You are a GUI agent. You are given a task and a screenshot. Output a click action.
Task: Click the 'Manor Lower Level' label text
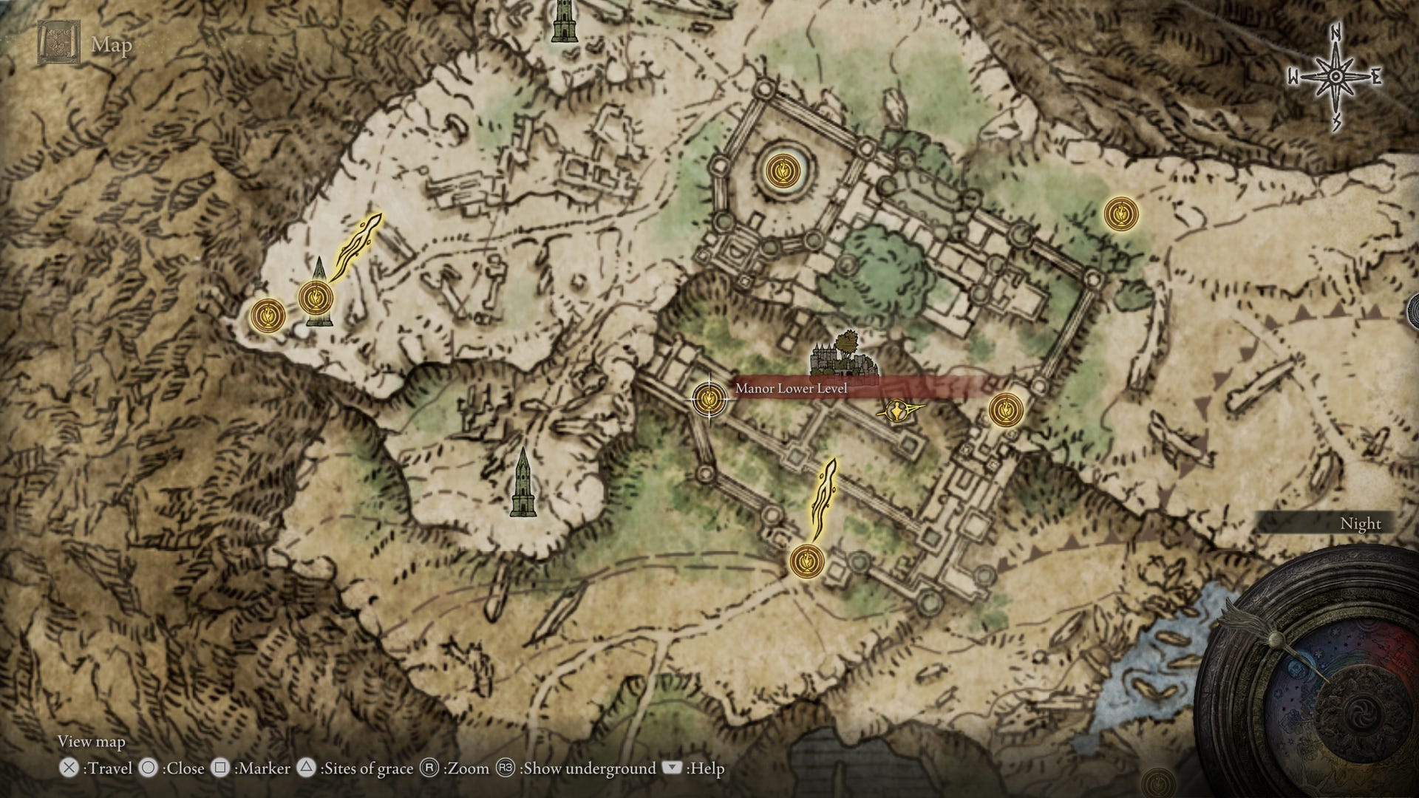(791, 389)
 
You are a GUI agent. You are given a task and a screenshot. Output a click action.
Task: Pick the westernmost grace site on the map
(267, 315)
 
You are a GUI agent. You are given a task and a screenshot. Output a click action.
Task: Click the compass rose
(1335, 77)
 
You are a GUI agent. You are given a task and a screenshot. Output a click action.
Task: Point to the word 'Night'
(1360, 524)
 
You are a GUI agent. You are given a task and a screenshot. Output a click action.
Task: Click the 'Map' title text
(112, 45)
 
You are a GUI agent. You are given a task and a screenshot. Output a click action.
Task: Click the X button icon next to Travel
(69, 768)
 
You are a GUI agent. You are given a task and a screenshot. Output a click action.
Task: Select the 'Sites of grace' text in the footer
(368, 769)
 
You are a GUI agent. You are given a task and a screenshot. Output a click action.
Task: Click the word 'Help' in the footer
(707, 769)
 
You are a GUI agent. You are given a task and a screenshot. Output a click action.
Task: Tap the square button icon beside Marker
(220, 768)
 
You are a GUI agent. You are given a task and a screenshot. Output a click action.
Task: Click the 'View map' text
(92, 741)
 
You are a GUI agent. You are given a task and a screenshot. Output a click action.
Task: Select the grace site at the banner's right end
(1005, 409)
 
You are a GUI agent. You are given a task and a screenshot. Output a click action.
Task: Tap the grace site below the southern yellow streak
(806, 561)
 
